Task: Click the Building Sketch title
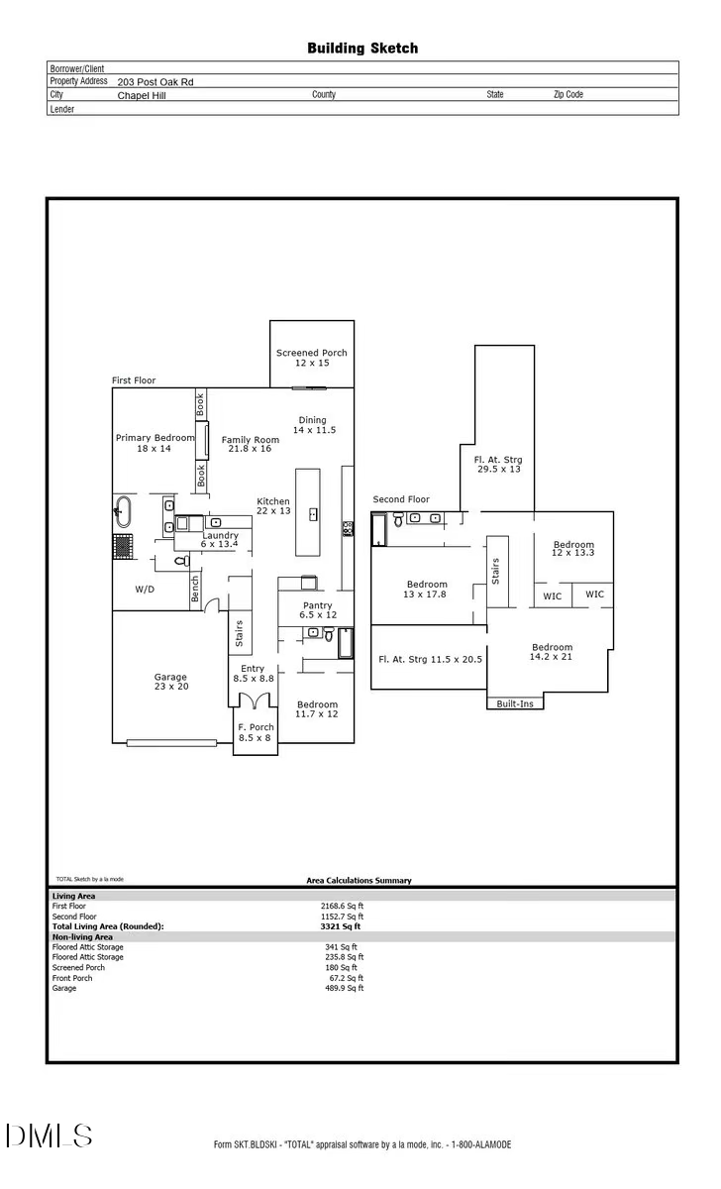coord(361,48)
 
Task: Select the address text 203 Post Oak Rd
coord(155,82)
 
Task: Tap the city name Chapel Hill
coord(143,96)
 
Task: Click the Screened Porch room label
coord(311,358)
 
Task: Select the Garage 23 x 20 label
coord(170,682)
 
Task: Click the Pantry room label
coord(317,610)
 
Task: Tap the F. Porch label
coord(256,732)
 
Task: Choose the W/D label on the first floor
coord(145,589)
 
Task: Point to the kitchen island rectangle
coord(313,512)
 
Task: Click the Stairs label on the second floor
coord(495,571)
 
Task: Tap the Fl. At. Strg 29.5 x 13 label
coord(497,464)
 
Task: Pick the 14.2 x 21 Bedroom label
coord(552,652)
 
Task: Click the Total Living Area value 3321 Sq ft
coord(342,926)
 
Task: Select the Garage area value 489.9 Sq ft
coord(344,988)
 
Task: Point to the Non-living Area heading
coord(82,936)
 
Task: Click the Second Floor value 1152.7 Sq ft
coord(344,917)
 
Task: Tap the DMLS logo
coord(50,1135)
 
